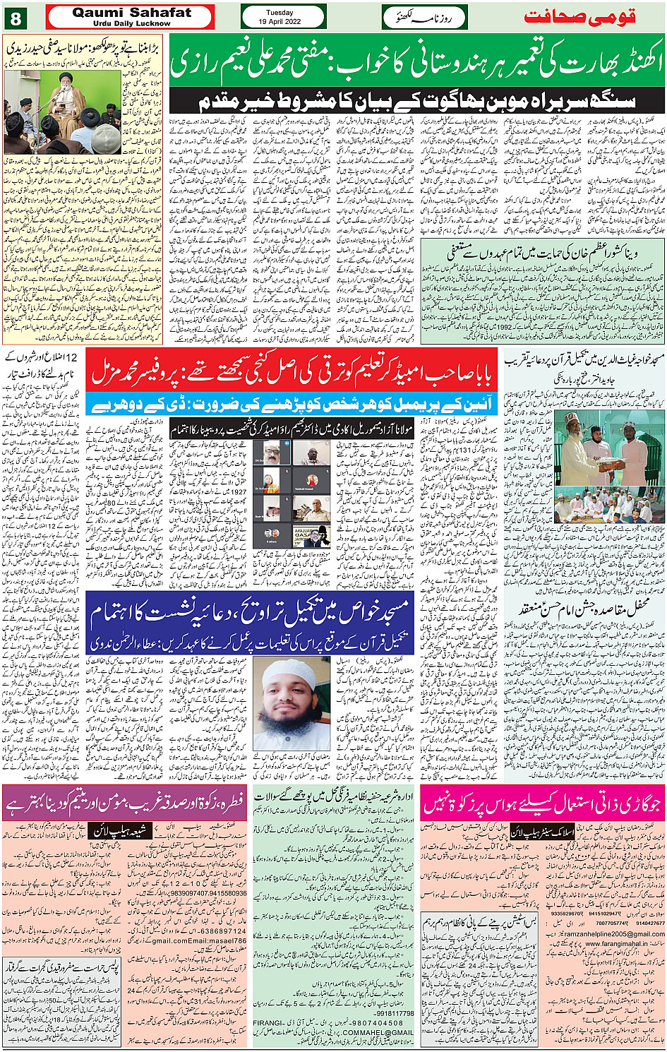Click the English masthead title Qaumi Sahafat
pos(131,12)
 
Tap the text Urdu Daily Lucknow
pos(131,23)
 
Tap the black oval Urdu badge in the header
pos(424,17)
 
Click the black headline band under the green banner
pos(417,101)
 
